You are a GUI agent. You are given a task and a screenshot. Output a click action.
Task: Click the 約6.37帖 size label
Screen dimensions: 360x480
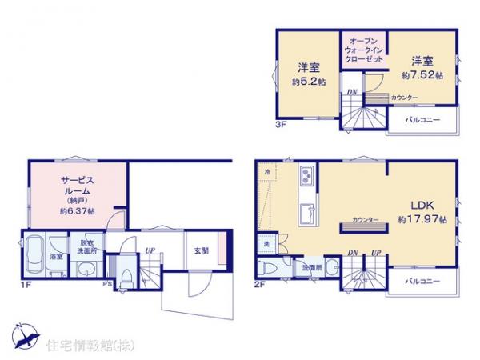77,211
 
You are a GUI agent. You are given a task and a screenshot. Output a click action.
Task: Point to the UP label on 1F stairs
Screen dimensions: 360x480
150,251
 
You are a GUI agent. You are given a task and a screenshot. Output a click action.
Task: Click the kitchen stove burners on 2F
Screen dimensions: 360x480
306,178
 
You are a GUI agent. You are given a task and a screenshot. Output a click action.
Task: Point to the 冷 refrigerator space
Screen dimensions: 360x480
266,174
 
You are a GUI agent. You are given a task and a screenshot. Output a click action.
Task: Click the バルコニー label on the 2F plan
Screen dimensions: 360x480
421,281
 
